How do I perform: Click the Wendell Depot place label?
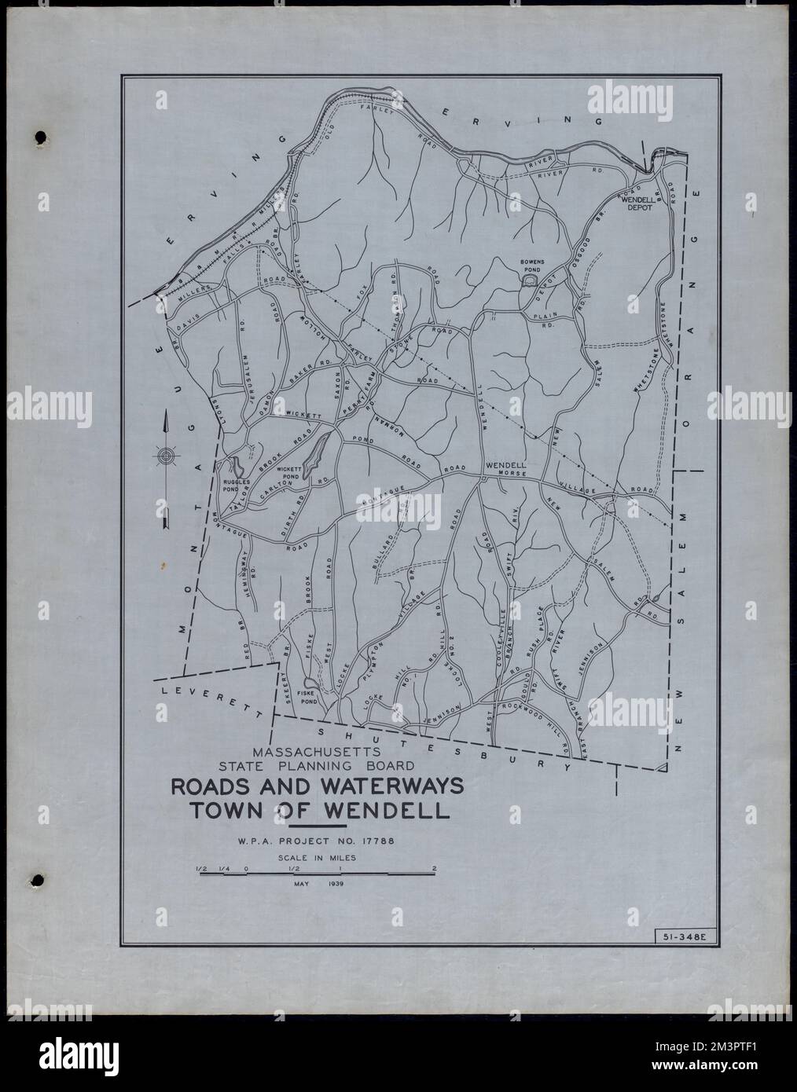[638, 205]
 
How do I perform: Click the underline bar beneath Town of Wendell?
[318, 826]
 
